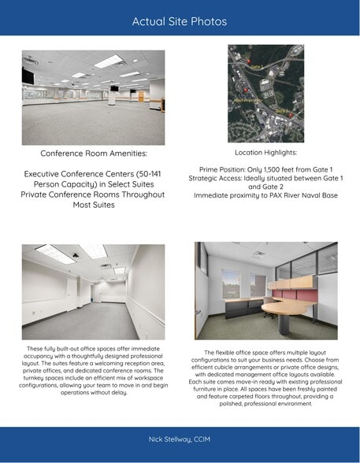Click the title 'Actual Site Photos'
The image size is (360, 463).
[180, 21]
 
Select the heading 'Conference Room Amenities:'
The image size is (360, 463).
[93, 153]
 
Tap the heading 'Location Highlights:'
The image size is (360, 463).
[265, 151]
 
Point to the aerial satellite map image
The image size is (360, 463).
[265, 92]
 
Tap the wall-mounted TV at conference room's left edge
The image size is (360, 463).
[28, 76]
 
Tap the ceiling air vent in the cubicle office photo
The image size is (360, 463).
[258, 254]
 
